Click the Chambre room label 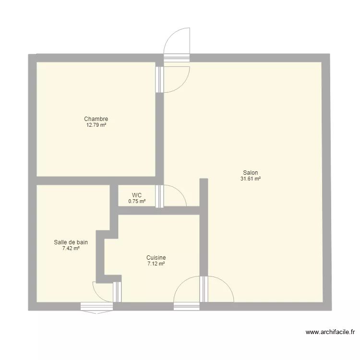(x=96, y=119)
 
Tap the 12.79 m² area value (x=96, y=125)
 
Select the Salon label (x=251, y=173)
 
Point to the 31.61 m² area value (x=251, y=179)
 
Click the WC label (x=137, y=195)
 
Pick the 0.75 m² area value (x=137, y=202)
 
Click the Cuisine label (x=156, y=258)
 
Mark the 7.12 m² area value (x=156, y=264)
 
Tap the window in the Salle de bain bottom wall (x=96, y=306)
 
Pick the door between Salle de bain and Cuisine (x=118, y=292)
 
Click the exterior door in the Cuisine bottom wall (x=187, y=306)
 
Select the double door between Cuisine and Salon (x=204, y=289)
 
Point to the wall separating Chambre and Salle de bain (x=72, y=180)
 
